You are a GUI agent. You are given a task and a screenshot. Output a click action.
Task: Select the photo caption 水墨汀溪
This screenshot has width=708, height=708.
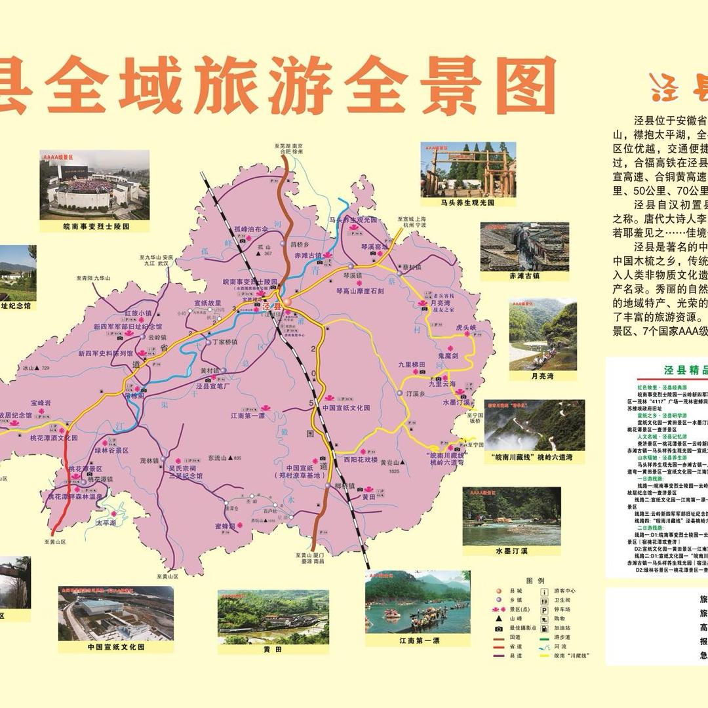coord(511,551)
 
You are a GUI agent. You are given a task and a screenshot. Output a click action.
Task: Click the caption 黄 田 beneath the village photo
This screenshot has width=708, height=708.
coord(273,649)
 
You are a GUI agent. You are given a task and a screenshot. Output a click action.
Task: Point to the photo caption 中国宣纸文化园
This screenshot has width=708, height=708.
coord(116,646)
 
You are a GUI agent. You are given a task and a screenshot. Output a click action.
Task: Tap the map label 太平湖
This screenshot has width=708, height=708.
coord(106,523)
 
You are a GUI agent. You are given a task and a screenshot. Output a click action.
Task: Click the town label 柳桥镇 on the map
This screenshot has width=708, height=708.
coord(344,486)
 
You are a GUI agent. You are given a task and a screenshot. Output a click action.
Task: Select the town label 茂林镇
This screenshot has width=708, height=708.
coord(150,461)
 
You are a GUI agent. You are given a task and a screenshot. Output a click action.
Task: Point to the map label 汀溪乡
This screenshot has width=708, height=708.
coord(417,393)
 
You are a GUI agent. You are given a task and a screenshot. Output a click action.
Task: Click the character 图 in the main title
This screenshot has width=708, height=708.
coord(518,85)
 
